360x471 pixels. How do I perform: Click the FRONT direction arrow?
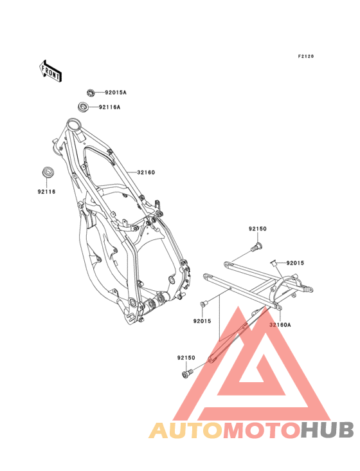(x=50, y=71)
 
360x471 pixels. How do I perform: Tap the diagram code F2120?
(x=306, y=56)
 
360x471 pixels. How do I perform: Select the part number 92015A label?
(x=116, y=93)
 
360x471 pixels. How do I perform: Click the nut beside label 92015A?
(x=91, y=93)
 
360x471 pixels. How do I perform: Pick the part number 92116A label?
(x=109, y=107)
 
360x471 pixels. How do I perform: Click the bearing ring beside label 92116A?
(x=83, y=107)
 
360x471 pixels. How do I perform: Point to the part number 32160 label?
(x=146, y=172)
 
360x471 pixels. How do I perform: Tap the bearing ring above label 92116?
(x=47, y=172)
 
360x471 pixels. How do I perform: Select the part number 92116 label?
(x=46, y=192)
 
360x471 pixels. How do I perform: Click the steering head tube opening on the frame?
(x=73, y=123)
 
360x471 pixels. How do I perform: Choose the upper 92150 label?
(x=257, y=228)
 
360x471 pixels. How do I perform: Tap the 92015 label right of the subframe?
(x=295, y=263)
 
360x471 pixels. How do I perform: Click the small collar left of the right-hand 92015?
(x=274, y=263)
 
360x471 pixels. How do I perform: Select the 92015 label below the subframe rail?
(x=203, y=321)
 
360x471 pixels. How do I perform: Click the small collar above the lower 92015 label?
(x=203, y=304)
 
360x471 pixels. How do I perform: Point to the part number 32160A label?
(x=280, y=325)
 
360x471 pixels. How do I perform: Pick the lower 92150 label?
(x=186, y=358)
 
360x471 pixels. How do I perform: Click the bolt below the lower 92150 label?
(x=188, y=373)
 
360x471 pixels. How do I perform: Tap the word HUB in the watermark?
(x=328, y=430)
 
